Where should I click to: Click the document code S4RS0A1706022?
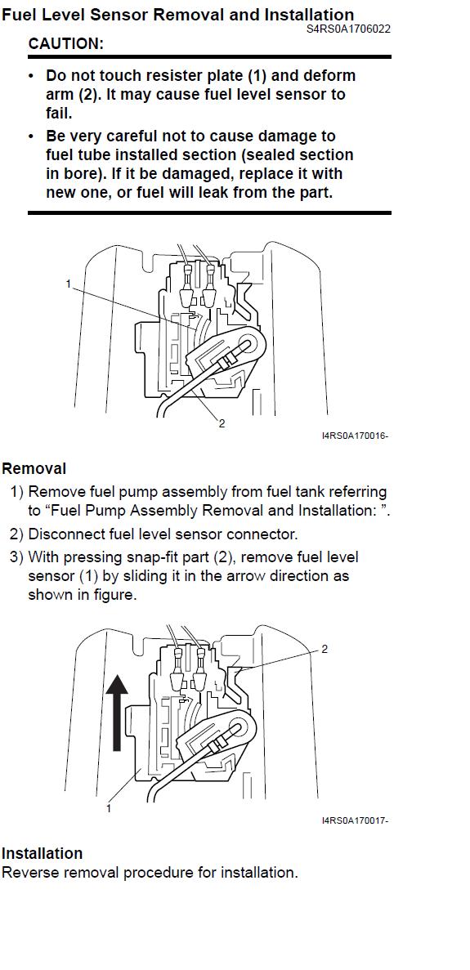click(x=348, y=29)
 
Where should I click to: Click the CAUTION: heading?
click(x=66, y=44)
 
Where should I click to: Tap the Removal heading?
click(x=34, y=468)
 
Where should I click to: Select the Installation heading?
click(x=42, y=853)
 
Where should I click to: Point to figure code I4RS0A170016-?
click(x=355, y=436)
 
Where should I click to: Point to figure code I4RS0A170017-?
click(x=355, y=820)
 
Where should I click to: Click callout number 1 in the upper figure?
click(x=69, y=284)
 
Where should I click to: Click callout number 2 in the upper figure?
click(x=222, y=424)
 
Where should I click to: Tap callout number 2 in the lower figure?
click(x=325, y=649)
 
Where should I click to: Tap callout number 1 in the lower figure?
click(x=109, y=808)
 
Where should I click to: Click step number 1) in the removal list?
click(x=16, y=493)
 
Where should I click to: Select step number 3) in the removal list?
click(x=16, y=557)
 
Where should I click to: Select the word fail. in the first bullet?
click(x=60, y=114)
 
